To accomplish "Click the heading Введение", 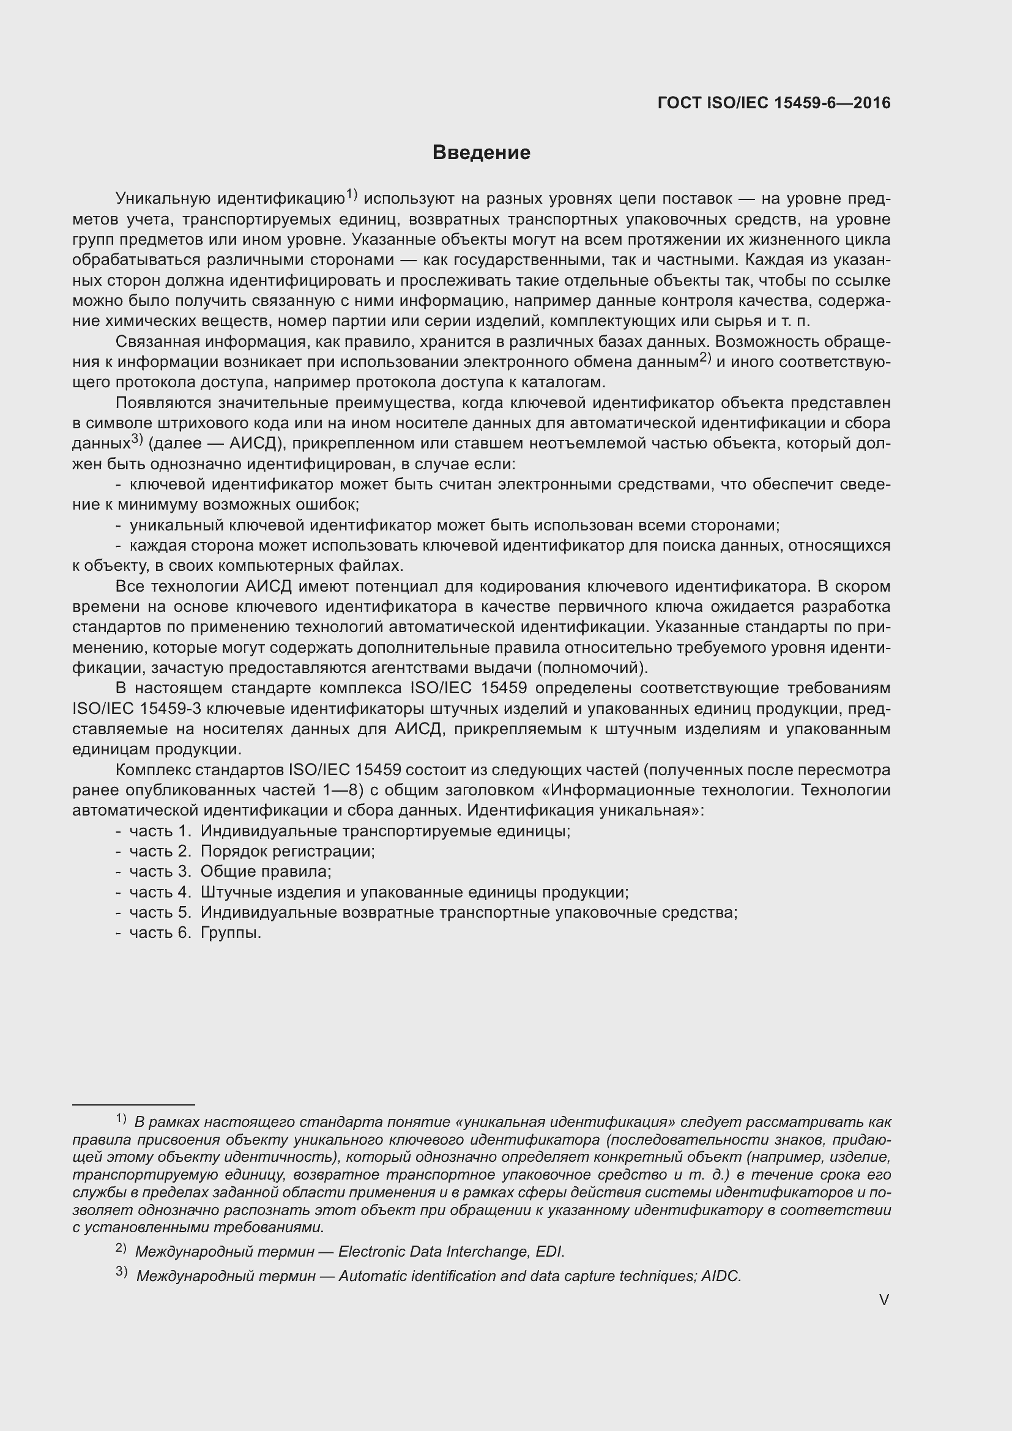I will [481, 153].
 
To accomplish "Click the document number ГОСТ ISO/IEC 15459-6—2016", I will [773, 103].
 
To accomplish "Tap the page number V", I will [884, 1299].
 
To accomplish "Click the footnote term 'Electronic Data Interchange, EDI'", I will [450, 1252].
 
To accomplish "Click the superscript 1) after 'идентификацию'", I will [351, 195].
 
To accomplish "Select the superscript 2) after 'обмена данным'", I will [705, 358].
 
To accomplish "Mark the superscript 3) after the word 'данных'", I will [137, 439].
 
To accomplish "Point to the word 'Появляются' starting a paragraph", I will [162, 403].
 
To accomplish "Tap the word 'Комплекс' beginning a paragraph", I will [154, 770].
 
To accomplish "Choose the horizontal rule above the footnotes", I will [133, 1104].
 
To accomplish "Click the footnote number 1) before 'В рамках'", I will [121, 1119].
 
